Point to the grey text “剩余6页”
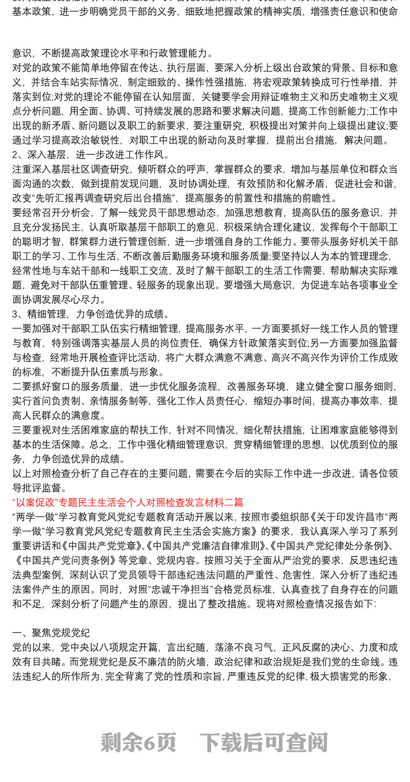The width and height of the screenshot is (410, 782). point(138,742)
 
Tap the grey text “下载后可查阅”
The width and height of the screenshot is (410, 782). point(263,742)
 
